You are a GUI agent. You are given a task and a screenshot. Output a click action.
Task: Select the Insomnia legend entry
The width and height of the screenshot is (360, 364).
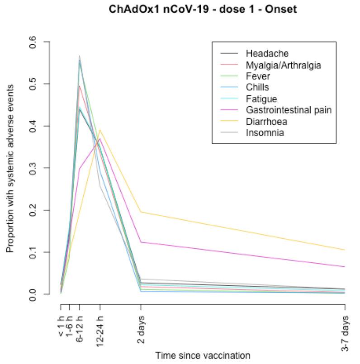coord(262,132)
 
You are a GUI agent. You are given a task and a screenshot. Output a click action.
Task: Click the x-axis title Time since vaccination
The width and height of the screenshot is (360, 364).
coord(203,355)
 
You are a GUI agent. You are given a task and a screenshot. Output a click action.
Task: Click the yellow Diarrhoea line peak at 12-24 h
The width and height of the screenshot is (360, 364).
coord(99,130)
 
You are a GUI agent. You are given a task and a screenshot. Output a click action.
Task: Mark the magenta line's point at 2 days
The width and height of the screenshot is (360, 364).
coord(141,242)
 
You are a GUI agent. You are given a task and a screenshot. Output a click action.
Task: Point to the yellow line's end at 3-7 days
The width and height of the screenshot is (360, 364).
coord(345,250)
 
